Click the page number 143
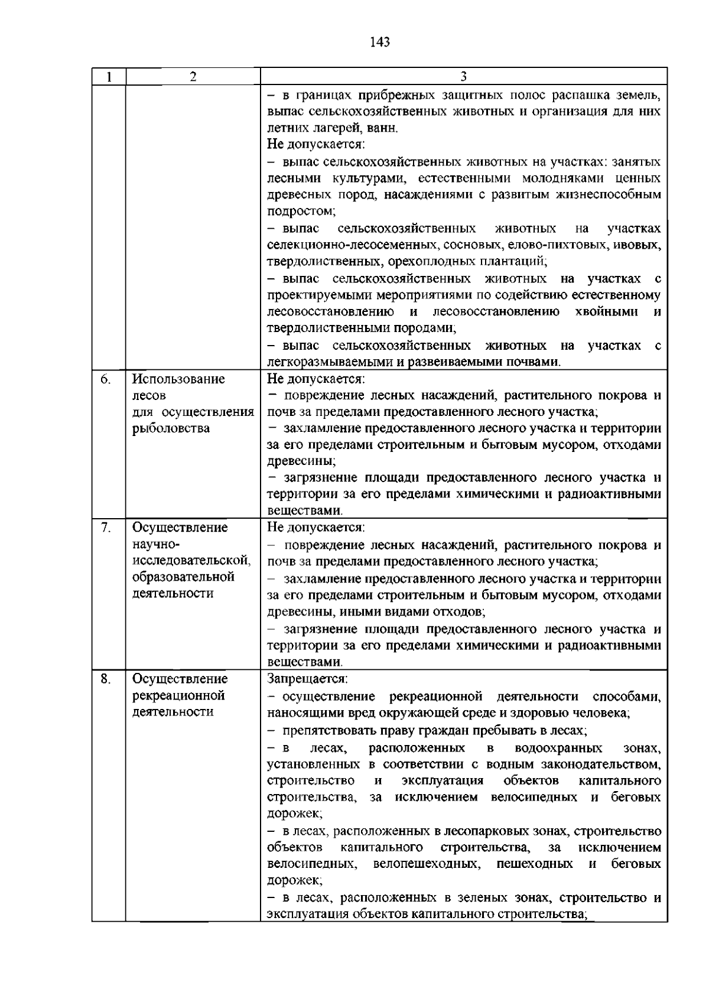click(x=380, y=42)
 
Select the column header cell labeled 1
click(x=109, y=77)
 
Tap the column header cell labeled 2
click(x=193, y=77)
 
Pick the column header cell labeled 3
click(x=464, y=77)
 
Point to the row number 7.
click(x=105, y=528)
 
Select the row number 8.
click(x=105, y=679)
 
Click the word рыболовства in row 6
click(x=171, y=428)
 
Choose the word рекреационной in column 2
click(x=179, y=695)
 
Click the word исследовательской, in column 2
click(x=191, y=560)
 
